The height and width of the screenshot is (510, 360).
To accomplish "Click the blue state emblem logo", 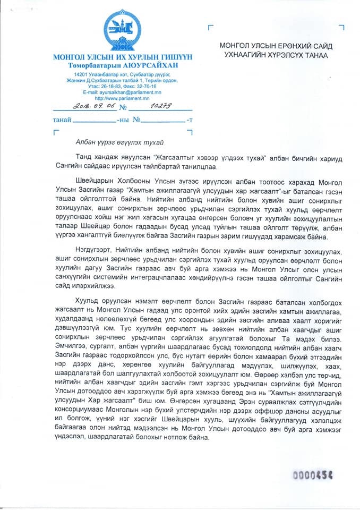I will pyautogui.click(x=122, y=30).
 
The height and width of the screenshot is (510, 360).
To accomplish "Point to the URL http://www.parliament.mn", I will pyautogui.click(x=122, y=98).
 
